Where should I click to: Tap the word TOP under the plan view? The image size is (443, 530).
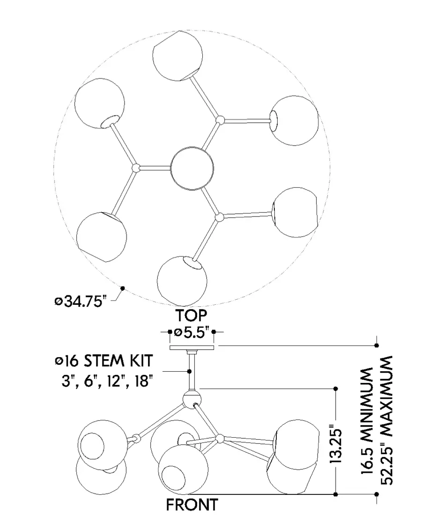tap(191, 316)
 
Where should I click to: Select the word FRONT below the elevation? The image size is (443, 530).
tap(192, 505)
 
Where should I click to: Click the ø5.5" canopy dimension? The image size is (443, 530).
tap(192, 332)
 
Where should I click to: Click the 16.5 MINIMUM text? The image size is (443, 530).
tap(367, 421)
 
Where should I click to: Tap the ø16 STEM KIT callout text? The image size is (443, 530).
tap(104, 361)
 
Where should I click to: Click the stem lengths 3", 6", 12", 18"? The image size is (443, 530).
tap(105, 381)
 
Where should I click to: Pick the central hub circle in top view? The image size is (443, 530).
tap(192, 168)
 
